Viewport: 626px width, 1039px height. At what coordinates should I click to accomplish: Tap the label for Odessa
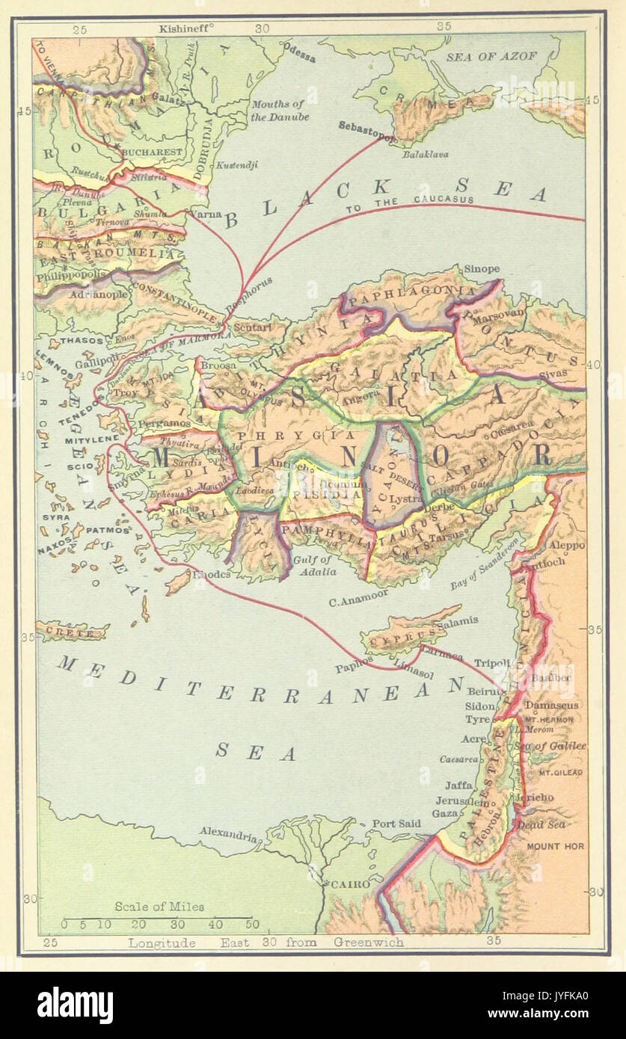[x=299, y=57]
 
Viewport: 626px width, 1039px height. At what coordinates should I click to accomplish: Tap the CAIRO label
[x=351, y=884]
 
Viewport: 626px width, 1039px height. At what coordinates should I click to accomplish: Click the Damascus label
[x=551, y=705]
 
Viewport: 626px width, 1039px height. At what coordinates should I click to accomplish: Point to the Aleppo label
[x=567, y=546]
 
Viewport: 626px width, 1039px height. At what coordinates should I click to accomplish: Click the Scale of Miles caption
[x=159, y=907]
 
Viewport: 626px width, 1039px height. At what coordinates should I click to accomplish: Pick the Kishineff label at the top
[x=185, y=28]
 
